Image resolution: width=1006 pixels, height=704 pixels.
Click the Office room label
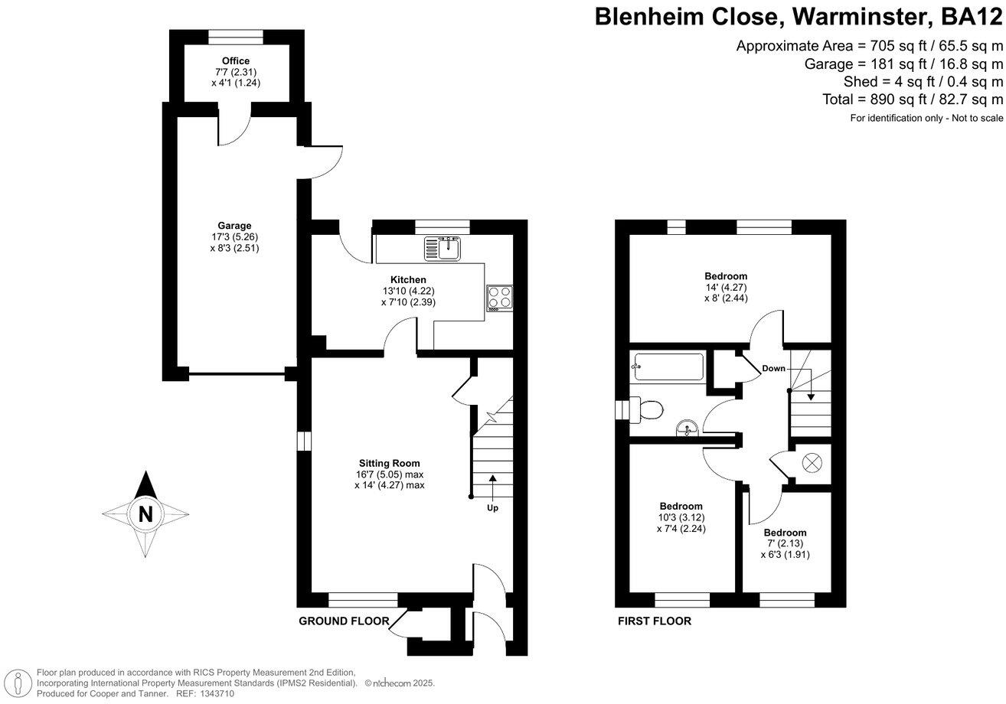pos(236,61)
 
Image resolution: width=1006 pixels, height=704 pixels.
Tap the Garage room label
pos(234,226)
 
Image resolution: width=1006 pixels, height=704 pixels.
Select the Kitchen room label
pos(408,280)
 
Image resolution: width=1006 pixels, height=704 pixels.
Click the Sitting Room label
pos(390,463)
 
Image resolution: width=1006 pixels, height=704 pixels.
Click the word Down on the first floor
pos(773,369)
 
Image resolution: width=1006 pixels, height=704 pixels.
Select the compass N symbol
pos(145,514)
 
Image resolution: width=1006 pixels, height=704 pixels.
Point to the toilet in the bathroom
pos(645,409)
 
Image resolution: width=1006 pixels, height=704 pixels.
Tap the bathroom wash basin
pos(687,429)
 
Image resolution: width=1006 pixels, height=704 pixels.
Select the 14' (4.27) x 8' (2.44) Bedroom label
pos(726,276)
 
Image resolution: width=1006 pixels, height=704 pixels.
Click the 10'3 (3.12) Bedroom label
pos(681,506)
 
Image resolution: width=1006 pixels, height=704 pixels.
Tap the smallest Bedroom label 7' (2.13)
pos(785,533)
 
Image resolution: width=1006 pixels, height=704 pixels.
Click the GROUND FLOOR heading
pos(344,621)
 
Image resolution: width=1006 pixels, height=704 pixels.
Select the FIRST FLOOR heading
pos(655,621)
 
